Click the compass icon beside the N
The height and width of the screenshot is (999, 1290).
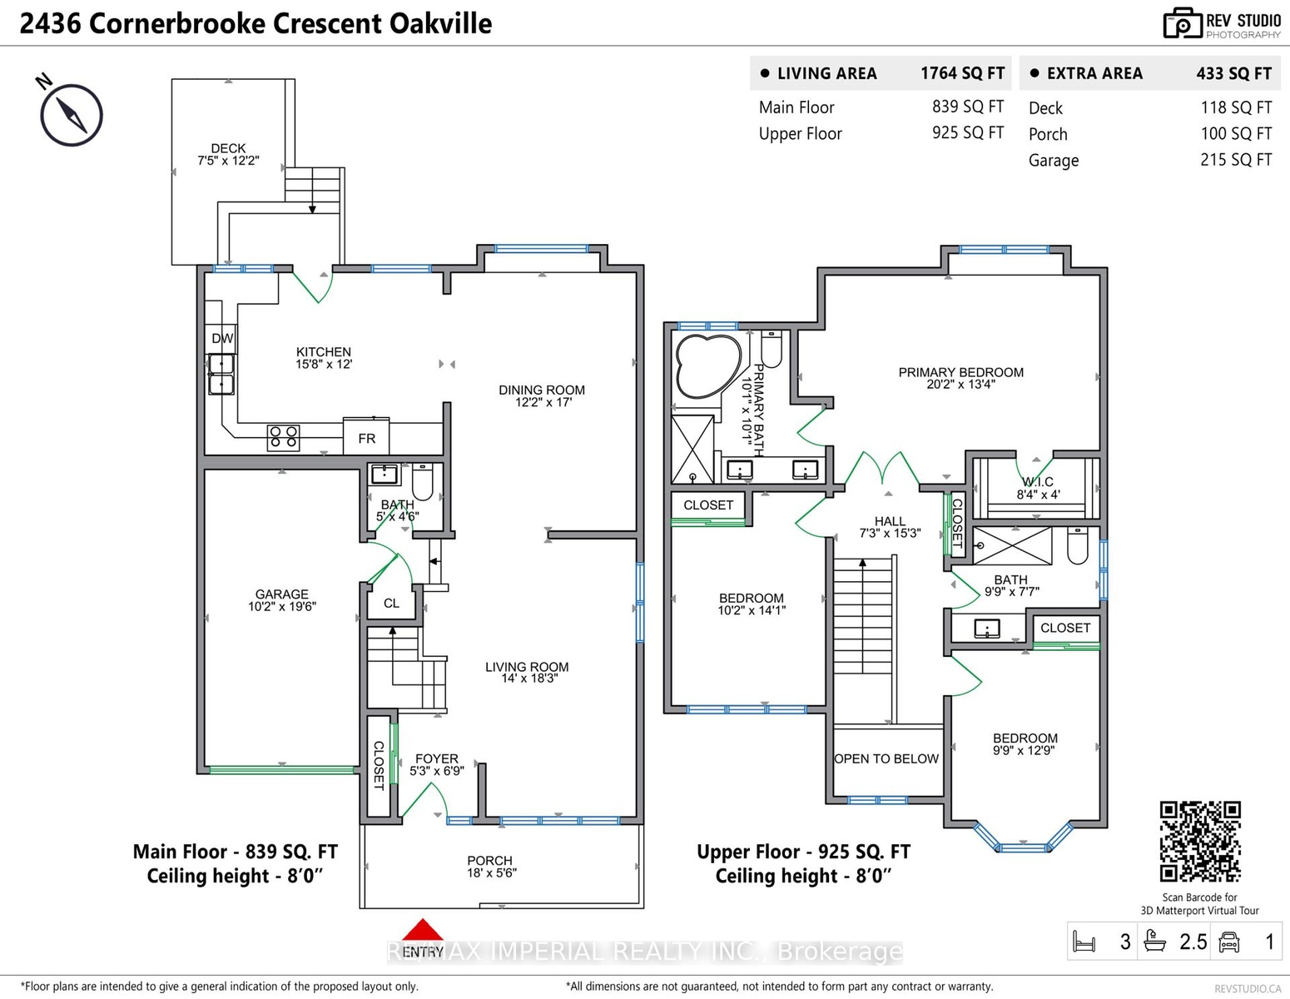[x=72, y=115]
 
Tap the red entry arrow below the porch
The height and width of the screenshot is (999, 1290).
[x=422, y=929]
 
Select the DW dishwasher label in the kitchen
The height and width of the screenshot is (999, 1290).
[x=222, y=338]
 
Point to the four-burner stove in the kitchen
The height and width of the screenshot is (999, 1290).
[x=283, y=437]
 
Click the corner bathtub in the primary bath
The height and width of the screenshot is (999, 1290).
[x=708, y=366]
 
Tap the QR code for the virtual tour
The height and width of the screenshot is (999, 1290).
[x=1200, y=842]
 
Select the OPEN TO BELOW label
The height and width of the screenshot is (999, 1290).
[x=886, y=758]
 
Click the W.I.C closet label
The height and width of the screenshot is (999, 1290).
[x=1038, y=481]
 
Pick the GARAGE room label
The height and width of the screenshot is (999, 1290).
[x=282, y=594]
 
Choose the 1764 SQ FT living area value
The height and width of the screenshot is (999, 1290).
[x=962, y=73]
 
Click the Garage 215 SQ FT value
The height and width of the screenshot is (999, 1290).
[x=1236, y=160]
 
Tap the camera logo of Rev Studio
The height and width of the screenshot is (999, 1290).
[x=1182, y=23]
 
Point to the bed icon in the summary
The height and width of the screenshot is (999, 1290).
[x=1084, y=942]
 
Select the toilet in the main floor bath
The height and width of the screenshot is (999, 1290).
[x=423, y=481]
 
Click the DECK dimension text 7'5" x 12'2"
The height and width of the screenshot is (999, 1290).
[x=229, y=161]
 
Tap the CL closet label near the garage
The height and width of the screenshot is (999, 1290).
[x=391, y=603]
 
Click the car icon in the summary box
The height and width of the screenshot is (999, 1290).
[x=1229, y=942]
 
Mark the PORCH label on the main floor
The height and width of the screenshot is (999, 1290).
[x=489, y=860]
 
